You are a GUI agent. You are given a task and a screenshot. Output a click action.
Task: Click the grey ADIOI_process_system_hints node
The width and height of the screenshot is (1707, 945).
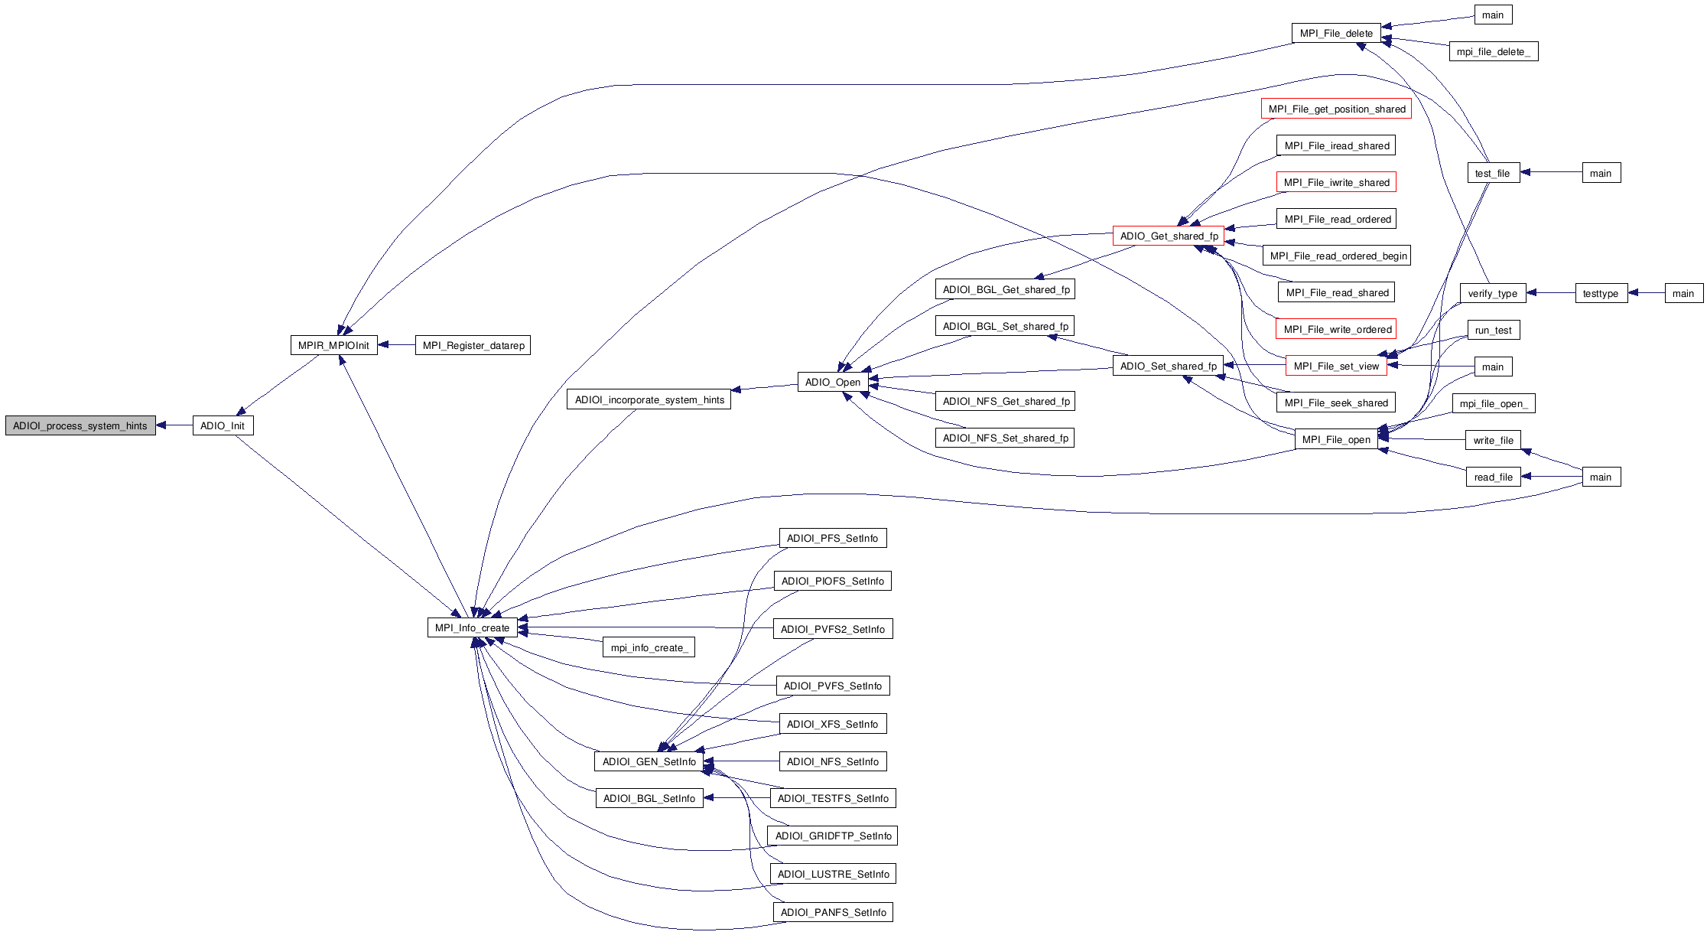pos(80,425)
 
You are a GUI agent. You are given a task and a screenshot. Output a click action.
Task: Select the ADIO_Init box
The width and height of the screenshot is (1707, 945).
pos(223,425)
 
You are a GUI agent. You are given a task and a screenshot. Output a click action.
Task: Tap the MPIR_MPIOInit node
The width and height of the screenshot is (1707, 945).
pos(333,345)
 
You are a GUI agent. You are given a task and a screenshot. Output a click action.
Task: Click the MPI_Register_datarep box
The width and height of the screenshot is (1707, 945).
pos(473,345)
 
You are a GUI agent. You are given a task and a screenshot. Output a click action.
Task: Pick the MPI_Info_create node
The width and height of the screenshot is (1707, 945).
pos(472,627)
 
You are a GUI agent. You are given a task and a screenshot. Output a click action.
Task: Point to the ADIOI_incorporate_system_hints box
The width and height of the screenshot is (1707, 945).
pos(649,399)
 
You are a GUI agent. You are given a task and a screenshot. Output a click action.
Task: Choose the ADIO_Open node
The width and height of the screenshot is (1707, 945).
pos(833,382)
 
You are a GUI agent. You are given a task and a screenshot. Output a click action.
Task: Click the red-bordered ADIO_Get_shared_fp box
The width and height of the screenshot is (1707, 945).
pos(1169,236)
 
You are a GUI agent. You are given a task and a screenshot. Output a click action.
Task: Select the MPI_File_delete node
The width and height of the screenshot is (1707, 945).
pos(1336,33)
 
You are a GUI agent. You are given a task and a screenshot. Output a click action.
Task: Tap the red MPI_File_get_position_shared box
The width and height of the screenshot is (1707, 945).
pos(1336,109)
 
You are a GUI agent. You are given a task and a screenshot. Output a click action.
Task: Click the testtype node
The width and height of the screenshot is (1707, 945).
pos(1601,293)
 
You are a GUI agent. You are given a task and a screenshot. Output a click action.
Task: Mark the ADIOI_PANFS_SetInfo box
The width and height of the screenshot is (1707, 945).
pos(833,912)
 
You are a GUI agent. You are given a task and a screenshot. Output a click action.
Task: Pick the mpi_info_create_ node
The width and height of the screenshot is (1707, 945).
pos(649,647)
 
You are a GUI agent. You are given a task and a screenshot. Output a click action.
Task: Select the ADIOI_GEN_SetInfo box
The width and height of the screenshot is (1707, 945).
pos(649,761)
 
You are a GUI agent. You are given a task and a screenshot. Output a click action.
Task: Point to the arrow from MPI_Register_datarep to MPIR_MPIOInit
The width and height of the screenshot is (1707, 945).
pos(396,345)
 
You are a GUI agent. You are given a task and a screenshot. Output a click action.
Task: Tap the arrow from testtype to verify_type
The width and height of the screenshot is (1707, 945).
pos(1551,293)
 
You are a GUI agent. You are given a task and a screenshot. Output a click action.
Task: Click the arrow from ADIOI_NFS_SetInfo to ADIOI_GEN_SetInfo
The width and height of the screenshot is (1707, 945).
pos(741,761)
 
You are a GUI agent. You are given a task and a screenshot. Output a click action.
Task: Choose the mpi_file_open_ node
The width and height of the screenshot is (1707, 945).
pos(1493,403)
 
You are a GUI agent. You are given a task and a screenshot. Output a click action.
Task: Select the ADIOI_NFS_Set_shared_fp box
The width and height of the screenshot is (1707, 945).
pos(1005,438)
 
